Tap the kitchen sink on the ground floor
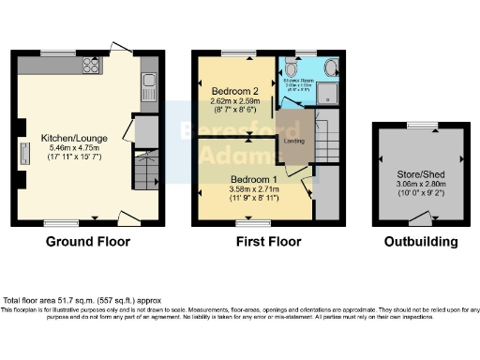pyautogui.click(x=149, y=90)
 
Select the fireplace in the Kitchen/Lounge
pyautogui.click(x=22, y=155)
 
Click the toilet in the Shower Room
pyautogui.click(x=292, y=68)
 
